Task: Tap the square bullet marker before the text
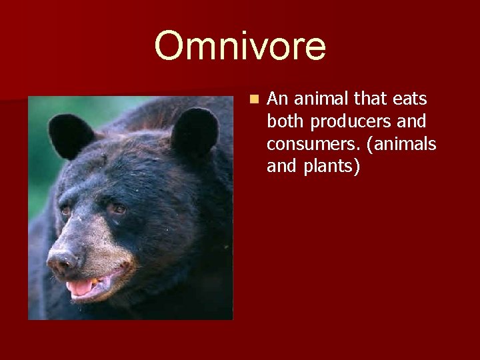253,99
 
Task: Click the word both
284,122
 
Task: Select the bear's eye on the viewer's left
66,211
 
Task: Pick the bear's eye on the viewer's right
117,209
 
